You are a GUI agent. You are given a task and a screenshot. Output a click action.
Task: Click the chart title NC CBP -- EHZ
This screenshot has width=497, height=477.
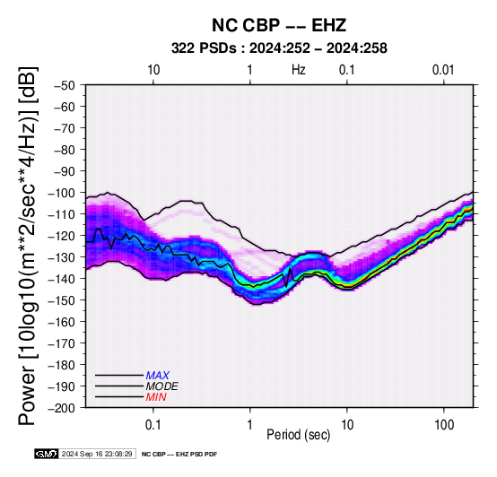279,25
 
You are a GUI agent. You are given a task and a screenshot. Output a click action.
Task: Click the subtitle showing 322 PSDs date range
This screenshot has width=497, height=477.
279,48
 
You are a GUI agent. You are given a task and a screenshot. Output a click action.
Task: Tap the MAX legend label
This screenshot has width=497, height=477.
158,376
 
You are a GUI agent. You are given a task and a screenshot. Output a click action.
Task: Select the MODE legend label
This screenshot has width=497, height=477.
162,386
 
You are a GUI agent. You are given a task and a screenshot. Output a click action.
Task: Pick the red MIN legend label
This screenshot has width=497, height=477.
156,397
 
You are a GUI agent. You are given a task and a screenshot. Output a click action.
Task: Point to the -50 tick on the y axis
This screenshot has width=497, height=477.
64,85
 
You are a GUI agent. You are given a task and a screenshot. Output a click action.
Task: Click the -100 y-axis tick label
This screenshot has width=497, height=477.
61,193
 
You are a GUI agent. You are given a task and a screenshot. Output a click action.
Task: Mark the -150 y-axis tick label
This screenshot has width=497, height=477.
61,300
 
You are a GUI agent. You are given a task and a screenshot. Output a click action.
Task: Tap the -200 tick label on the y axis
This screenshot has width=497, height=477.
61,408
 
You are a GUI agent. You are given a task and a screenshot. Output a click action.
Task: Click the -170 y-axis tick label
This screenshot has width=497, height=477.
61,343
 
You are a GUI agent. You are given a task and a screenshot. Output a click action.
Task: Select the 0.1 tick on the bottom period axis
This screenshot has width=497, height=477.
153,425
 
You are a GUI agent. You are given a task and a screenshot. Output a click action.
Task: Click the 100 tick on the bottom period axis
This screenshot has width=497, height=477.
444,425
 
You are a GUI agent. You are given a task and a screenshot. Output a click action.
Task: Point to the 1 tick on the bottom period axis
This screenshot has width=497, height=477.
249,425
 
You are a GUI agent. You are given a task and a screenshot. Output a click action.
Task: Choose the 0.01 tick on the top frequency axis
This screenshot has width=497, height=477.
443,70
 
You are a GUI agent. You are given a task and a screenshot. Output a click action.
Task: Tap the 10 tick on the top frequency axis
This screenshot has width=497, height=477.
153,70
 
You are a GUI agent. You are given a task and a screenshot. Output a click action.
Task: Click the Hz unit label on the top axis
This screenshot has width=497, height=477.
299,70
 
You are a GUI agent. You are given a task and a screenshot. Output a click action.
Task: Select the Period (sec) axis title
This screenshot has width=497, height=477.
298,435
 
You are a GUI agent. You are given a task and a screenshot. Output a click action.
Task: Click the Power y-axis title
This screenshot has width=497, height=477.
28,246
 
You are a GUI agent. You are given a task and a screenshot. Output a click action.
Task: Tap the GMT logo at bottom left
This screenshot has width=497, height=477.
47,454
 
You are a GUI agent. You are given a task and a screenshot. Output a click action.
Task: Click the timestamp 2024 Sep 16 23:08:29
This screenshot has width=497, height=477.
97,454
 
